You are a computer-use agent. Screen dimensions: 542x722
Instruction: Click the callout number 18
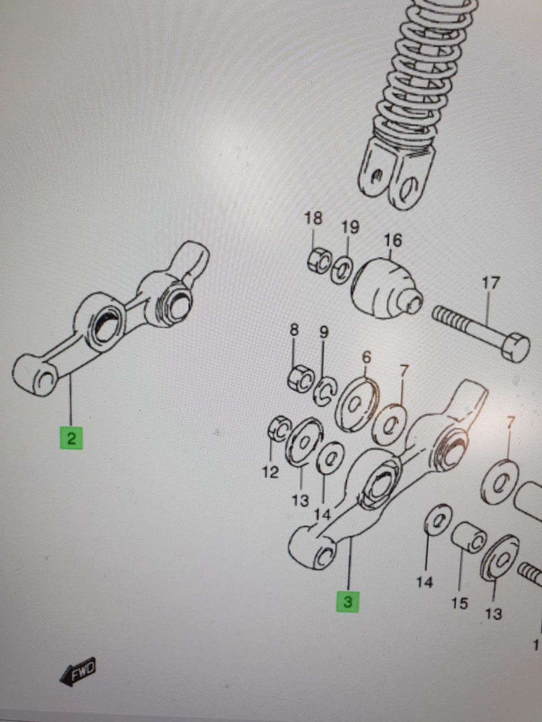tap(313, 219)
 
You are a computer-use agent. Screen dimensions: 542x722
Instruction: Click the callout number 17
tap(490, 284)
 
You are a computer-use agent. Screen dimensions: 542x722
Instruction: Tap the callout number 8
tap(294, 330)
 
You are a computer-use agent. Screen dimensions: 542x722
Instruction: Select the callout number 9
tap(324, 333)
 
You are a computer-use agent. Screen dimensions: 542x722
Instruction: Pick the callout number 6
tap(366, 357)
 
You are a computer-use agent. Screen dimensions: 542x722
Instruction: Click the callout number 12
tap(270, 473)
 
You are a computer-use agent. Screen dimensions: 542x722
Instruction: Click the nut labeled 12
tap(279, 429)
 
